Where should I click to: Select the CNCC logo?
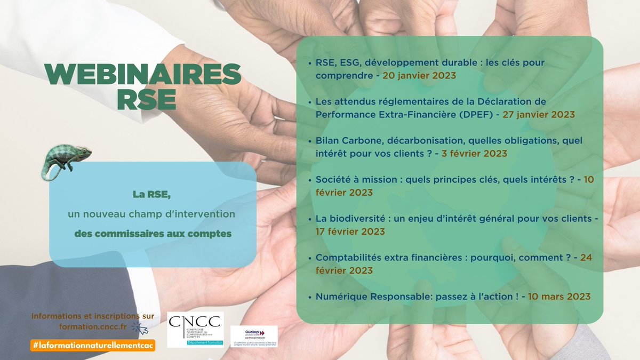coord(195,329)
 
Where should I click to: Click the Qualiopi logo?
coord(254,336)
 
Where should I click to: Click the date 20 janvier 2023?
coord(419,76)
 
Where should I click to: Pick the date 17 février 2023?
coord(350,231)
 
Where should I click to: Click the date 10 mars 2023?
coord(559,297)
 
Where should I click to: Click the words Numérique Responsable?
coord(369,297)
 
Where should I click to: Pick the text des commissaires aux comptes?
coord(153,234)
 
